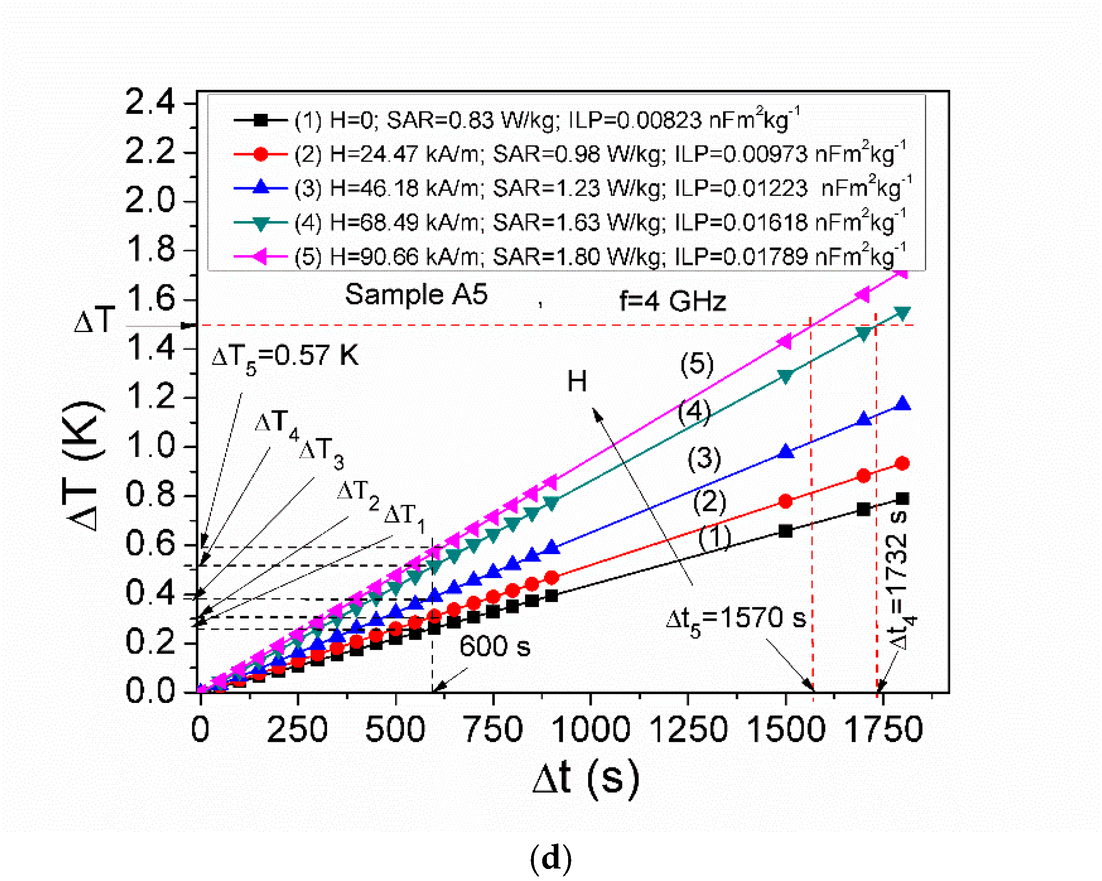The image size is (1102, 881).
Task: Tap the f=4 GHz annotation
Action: coord(672,301)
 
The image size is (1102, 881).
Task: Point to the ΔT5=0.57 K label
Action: coord(285,356)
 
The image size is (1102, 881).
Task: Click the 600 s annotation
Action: coord(494,646)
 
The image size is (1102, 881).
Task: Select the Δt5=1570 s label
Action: coord(736,619)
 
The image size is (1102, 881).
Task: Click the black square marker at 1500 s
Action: coord(786,531)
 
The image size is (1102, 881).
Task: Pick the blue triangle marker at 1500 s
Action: coord(786,452)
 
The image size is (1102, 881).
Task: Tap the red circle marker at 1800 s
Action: coord(902,463)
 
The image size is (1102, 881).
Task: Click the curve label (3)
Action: coord(704,458)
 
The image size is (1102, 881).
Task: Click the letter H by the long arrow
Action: coord(576,382)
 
